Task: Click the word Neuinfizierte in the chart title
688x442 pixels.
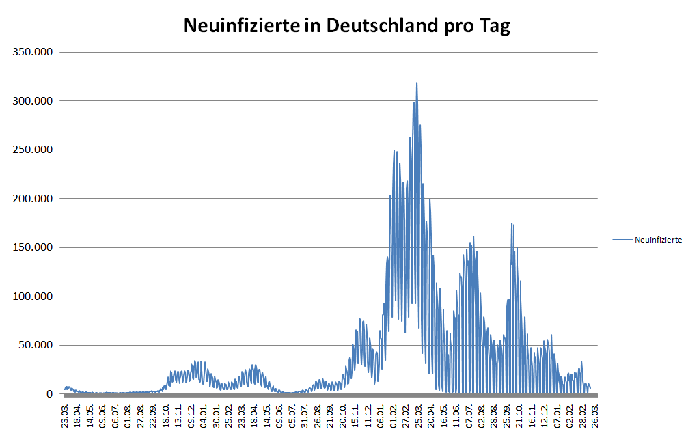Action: pyautogui.click(x=241, y=27)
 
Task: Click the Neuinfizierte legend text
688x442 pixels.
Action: pyautogui.click(x=658, y=240)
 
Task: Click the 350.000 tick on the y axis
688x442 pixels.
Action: pyautogui.click(x=33, y=52)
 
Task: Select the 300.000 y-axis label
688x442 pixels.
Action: pyautogui.click(x=33, y=101)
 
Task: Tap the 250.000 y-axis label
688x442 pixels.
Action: pyautogui.click(x=33, y=150)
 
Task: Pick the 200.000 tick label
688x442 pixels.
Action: pyautogui.click(x=33, y=199)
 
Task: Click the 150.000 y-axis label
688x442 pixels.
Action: pyautogui.click(x=33, y=247)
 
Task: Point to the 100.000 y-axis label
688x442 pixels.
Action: pyautogui.click(x=33, y=296)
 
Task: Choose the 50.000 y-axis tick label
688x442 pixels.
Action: pyautogui.click(x=36, y=345)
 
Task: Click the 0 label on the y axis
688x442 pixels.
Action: pyautogui.click(x=49, y=394)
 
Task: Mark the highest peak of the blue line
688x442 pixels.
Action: pyautogui.click(x=417, y=83)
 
